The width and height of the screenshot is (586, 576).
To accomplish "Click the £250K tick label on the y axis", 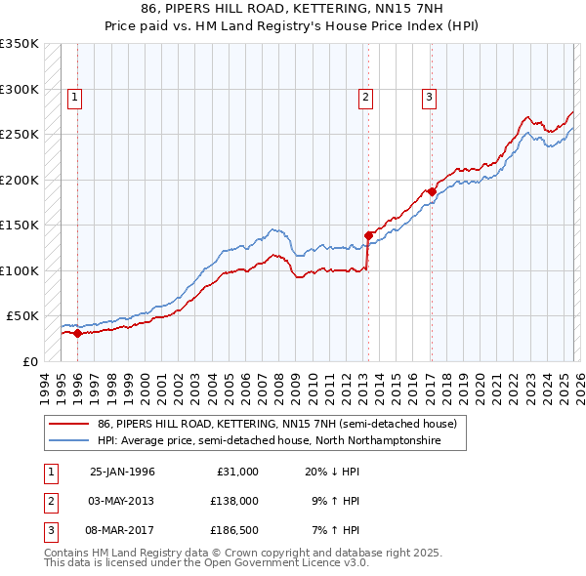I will point(19,134).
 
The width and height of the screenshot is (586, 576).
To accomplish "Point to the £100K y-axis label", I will point(19,270).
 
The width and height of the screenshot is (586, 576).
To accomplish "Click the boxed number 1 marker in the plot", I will point(75,97).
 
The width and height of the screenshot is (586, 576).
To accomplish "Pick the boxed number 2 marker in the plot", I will point(365,97).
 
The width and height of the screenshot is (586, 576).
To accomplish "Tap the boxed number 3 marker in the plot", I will point(429,97).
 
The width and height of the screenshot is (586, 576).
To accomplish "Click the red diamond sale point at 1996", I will point(78,334).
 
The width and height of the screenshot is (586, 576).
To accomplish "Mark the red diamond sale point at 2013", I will point(368,235).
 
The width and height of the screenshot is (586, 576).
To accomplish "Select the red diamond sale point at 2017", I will point(431,191).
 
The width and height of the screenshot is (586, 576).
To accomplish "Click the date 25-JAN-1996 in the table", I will point(122,472).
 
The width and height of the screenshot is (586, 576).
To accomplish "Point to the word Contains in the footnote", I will point(68,553).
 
